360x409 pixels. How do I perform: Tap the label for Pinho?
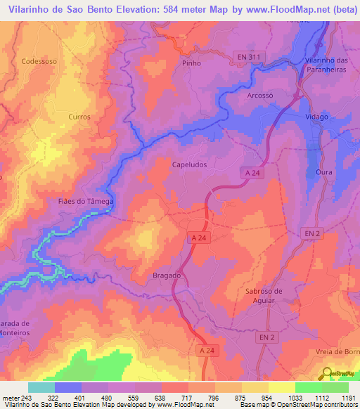pos(191,63)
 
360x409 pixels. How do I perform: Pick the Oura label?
pos(323,171)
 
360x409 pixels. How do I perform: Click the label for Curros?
pos(79,117)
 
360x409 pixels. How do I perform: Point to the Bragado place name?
pos(167,275)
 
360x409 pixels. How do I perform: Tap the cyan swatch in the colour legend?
pos(41,387)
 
